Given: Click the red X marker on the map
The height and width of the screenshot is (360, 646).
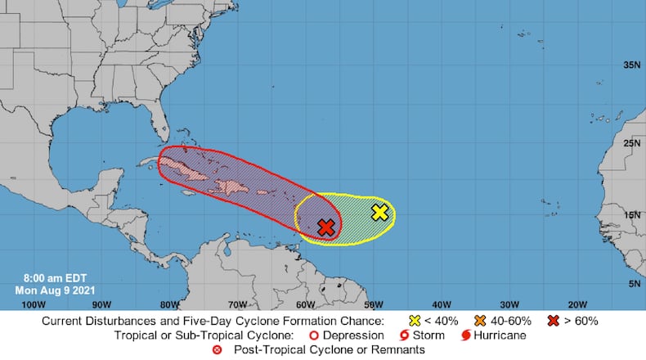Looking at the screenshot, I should [326, 227].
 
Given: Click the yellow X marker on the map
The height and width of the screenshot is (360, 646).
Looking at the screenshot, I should [379, 212].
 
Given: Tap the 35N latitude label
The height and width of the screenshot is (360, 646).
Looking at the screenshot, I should [630, 65].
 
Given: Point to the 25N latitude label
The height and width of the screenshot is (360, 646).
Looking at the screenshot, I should [630, 144].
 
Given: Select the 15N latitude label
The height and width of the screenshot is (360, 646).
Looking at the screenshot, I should [630, 215].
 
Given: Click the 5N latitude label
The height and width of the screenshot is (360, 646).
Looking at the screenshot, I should [633, 283].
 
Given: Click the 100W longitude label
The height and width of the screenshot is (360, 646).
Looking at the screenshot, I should [33, 304].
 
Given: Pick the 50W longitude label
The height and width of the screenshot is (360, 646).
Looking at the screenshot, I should [373, 304].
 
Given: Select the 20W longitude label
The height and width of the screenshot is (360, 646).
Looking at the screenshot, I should [578, 304].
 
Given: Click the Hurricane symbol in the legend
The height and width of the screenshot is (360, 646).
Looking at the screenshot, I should [465, 335].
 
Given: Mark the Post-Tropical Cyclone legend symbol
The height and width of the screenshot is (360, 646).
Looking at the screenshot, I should [217, 350].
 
